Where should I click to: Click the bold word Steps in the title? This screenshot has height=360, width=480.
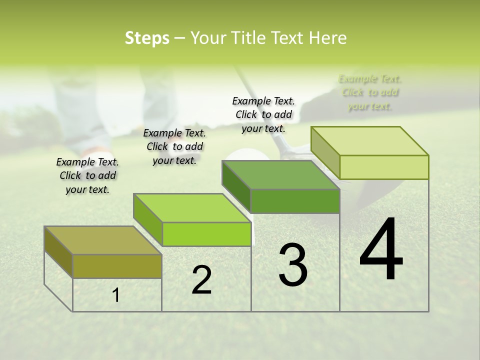[147, 38]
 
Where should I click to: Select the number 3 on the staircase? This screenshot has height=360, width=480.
[292, 265]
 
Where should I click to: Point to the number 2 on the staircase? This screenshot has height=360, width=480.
[201, 280]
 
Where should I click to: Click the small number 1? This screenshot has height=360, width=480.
[116, 295]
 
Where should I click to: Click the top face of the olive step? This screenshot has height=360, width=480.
[102, 240]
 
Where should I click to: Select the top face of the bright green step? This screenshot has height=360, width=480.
[192, 207]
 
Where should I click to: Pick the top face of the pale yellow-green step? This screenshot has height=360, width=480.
[370, 140]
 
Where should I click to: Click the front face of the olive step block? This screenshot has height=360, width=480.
[117, 266]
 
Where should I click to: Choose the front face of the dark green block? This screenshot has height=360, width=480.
[295, 201]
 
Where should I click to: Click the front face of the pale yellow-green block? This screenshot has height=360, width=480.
[384, 167]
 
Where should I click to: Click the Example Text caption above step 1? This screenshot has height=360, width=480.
[87, 175]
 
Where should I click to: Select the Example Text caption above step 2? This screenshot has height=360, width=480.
[174, 146]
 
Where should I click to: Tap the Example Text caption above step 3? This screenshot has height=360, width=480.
[263, 114]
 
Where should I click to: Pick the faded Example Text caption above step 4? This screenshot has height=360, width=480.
[370, 92]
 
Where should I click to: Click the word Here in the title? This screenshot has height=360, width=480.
[328, 38]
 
